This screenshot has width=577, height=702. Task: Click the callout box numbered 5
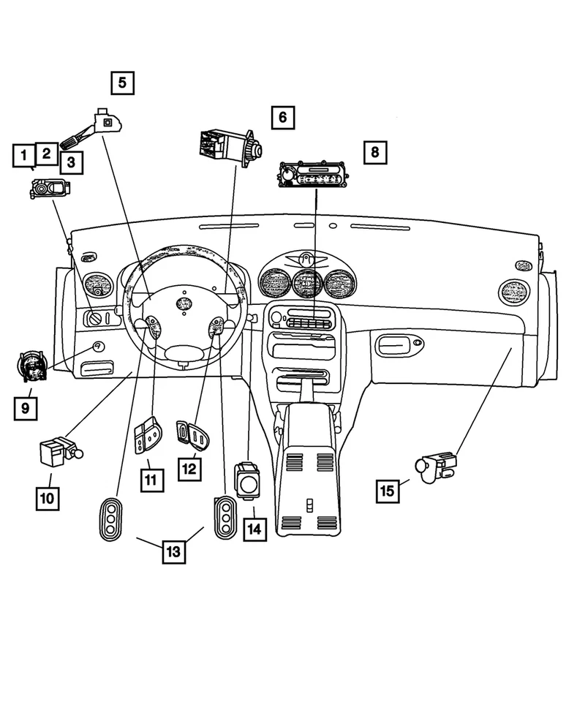point(122,82)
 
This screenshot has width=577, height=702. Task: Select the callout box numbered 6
point(282,116)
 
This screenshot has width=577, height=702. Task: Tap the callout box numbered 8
point(374,152)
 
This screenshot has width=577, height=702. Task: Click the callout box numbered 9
point(25,408)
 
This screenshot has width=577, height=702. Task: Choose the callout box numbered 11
point(152,479)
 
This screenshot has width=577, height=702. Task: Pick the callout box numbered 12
point(189,467)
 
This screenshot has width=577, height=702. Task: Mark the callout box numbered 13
point(173,551)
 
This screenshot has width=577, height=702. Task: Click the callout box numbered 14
point(254,529)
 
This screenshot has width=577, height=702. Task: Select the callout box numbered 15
point(388,491)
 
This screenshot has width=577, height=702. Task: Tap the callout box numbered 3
point(71,162)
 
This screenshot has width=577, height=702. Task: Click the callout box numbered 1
point(24,155)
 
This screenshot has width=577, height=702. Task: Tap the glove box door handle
point(396,342)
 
